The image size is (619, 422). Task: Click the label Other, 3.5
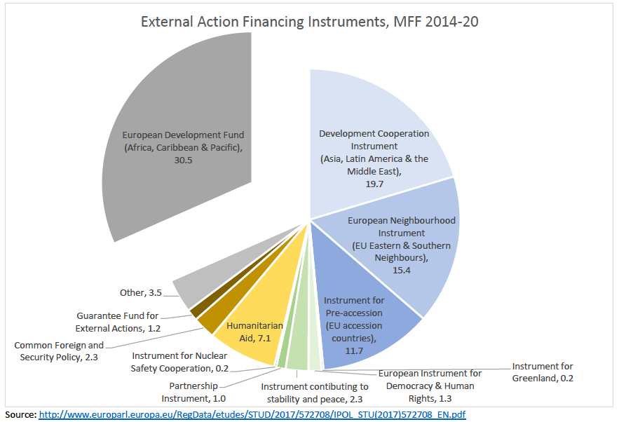(140, 292)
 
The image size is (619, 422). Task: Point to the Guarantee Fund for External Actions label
(118, 322)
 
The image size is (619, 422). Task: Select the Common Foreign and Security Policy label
(59, 351)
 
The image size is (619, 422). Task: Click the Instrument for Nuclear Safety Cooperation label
(179, 362)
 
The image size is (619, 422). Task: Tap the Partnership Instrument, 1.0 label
(193, 392)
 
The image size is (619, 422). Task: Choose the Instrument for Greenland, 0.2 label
(543, 372)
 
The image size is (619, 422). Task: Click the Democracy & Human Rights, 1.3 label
(430, 386)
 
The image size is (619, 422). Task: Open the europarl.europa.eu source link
(252, 414)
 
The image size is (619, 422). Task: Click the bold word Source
(20, 414)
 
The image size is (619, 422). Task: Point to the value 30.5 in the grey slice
(183, 160)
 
